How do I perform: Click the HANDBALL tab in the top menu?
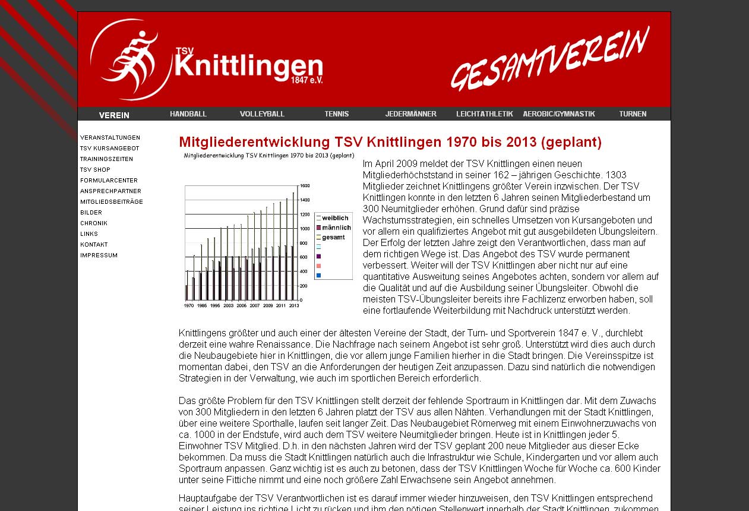click(188, 114)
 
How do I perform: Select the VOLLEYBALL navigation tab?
click(262, 114)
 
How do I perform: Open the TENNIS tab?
click(336, 114)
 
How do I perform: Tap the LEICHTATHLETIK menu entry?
click(484, 114)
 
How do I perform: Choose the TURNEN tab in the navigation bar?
click(633, 114)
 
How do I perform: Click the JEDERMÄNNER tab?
click(410, 114)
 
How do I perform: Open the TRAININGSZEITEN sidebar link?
click(106, 159)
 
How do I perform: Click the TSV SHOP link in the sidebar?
click(95, 170)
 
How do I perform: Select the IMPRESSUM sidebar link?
click(99, 255)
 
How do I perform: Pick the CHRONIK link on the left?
click(94, 223)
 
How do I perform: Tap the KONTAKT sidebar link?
click(94, 245)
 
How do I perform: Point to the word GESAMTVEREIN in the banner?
click(550, 58)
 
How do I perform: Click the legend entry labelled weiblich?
click(335, 218)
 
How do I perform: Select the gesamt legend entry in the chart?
click(333, 238)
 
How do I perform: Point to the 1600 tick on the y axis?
click(305, 185)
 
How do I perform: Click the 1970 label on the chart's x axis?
click(189, 305)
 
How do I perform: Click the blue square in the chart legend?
click(319, 275)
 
